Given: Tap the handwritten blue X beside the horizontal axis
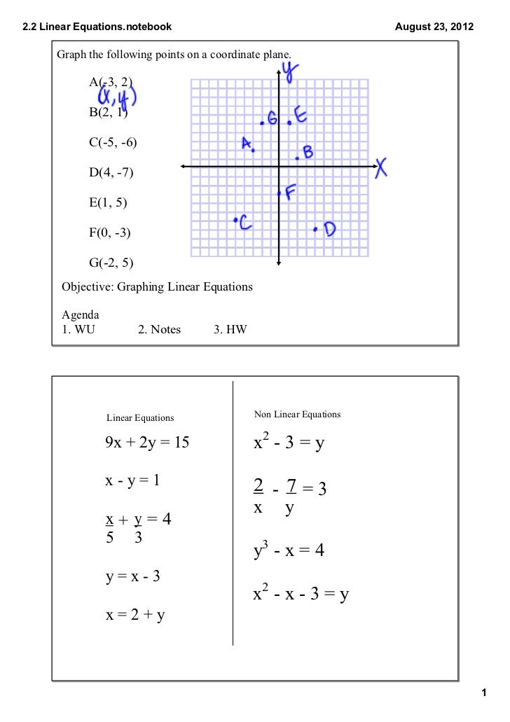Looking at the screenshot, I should (x=380, y=167).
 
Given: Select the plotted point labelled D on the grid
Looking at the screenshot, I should (x=316, y=228).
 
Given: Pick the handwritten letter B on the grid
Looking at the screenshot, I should (x=308, y=151).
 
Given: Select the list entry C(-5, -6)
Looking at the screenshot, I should (x=113, y=142).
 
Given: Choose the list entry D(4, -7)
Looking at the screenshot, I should (x=111, y=172).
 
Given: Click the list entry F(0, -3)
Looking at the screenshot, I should (x=110, y=232).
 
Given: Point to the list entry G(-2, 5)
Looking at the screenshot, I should (x=111, y=263).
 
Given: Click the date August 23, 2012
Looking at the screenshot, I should (x=434, y=27).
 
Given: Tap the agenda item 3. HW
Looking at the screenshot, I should (x=230, y=329).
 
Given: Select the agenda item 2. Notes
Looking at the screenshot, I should (x=160, y=329).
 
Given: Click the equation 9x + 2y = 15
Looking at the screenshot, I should (x=147, y=443).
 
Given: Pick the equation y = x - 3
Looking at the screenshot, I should (x=132, y=577).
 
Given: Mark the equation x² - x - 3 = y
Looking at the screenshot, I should (x=301, y=595).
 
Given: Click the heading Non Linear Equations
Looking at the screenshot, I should (x=297, y=415).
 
